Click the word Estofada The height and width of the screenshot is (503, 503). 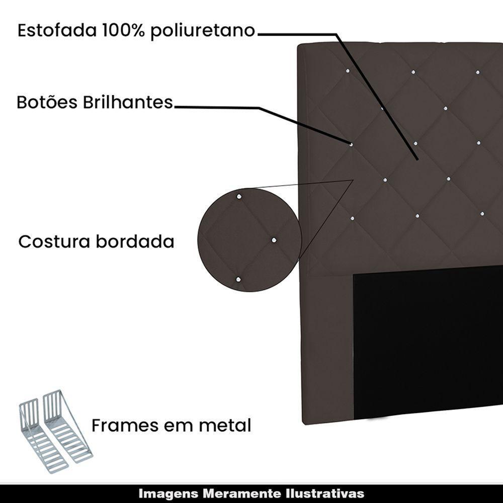point(57,31)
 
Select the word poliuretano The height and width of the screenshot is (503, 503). point(203,31)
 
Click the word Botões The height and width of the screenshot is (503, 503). point(47,102)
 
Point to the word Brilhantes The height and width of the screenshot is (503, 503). point(128,102)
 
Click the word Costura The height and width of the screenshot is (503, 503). point(54,241)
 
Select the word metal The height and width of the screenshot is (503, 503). point(225,426)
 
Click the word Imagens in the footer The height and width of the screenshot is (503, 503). point(170,493)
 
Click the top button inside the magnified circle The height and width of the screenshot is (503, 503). point(239,197)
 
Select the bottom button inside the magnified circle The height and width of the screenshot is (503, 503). point(238,280)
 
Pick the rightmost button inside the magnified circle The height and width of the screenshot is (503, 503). point(274,240)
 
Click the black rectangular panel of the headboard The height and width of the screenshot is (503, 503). point(428,342)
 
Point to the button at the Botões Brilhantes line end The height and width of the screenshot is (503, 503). point(351,145)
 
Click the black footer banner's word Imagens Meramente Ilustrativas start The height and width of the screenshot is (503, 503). point(139,493)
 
